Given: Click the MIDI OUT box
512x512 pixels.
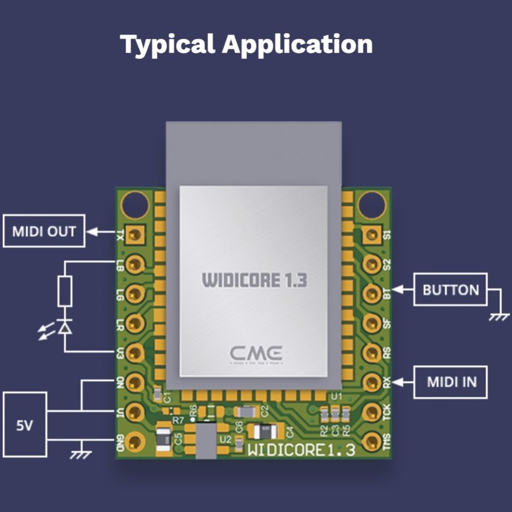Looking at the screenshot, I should pyautogui.click(x=44, y=231).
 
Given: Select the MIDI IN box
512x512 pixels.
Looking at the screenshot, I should pyautogui.click(x=451, y=382).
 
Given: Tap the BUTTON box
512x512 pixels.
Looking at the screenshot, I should pyautogui.click(x=451, y=290).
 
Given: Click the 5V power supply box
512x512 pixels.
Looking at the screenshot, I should pyautogui.click(x=25, y=425).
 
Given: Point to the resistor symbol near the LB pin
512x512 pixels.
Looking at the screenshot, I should pyautogui.click(x=65, y=292).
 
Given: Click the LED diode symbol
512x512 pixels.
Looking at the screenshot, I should pyautogui.click(x=65, y=327).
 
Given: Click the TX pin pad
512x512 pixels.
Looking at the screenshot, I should pyautogui.click(x=137, y=234).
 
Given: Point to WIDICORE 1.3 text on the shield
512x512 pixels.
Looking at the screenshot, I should pyautogui.click(x=254, y=280).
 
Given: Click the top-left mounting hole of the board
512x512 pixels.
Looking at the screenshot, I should pyautogui.click(x=135, y=204).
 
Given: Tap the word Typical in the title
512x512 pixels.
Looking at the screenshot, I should pyautogui.click(x=167, y=44).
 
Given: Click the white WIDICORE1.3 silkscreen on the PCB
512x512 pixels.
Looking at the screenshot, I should pyautogui.click(x=301, y=450).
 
